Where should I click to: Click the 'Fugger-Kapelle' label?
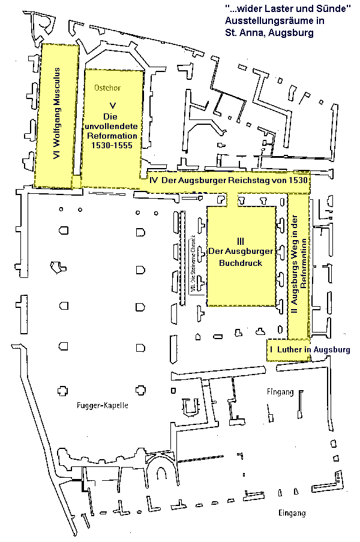[103, 406]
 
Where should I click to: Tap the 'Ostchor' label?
[107, 88]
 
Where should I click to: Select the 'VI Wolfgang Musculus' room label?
[58, 114]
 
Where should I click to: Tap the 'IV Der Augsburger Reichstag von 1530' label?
[228, 180]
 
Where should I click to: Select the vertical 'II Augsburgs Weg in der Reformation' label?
[298, 267]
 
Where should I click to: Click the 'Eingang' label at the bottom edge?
[292, 513]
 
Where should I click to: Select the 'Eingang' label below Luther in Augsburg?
[280, 392]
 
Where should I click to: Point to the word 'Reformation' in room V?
[112, 136]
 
